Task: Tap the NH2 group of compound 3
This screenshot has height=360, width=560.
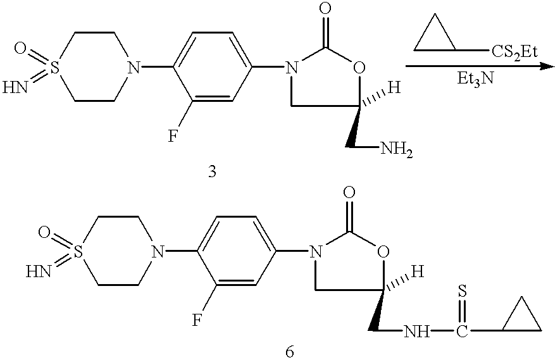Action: (396, 149)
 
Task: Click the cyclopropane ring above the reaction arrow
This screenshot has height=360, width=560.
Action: (435, 37)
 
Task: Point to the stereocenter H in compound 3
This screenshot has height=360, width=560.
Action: (394, 89)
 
